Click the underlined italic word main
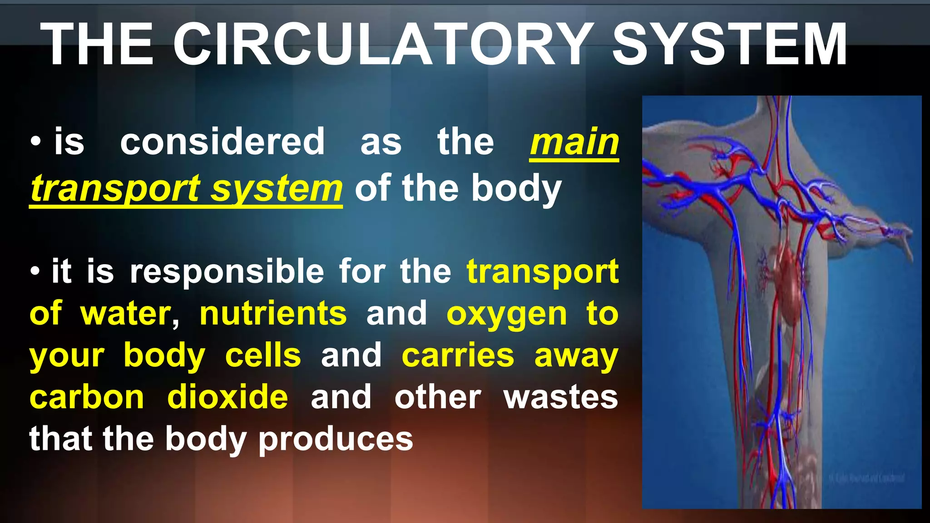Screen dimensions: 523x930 click(x=574, y=143)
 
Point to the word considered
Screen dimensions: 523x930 click(x=223, y=143)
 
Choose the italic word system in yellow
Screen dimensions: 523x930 click(x=277, y=189)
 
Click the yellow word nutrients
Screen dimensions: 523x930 click(x=273, y=314)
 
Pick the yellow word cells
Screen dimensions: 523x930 click(x=263, y=355)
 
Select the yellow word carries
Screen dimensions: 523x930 click(x=458, y=355)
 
